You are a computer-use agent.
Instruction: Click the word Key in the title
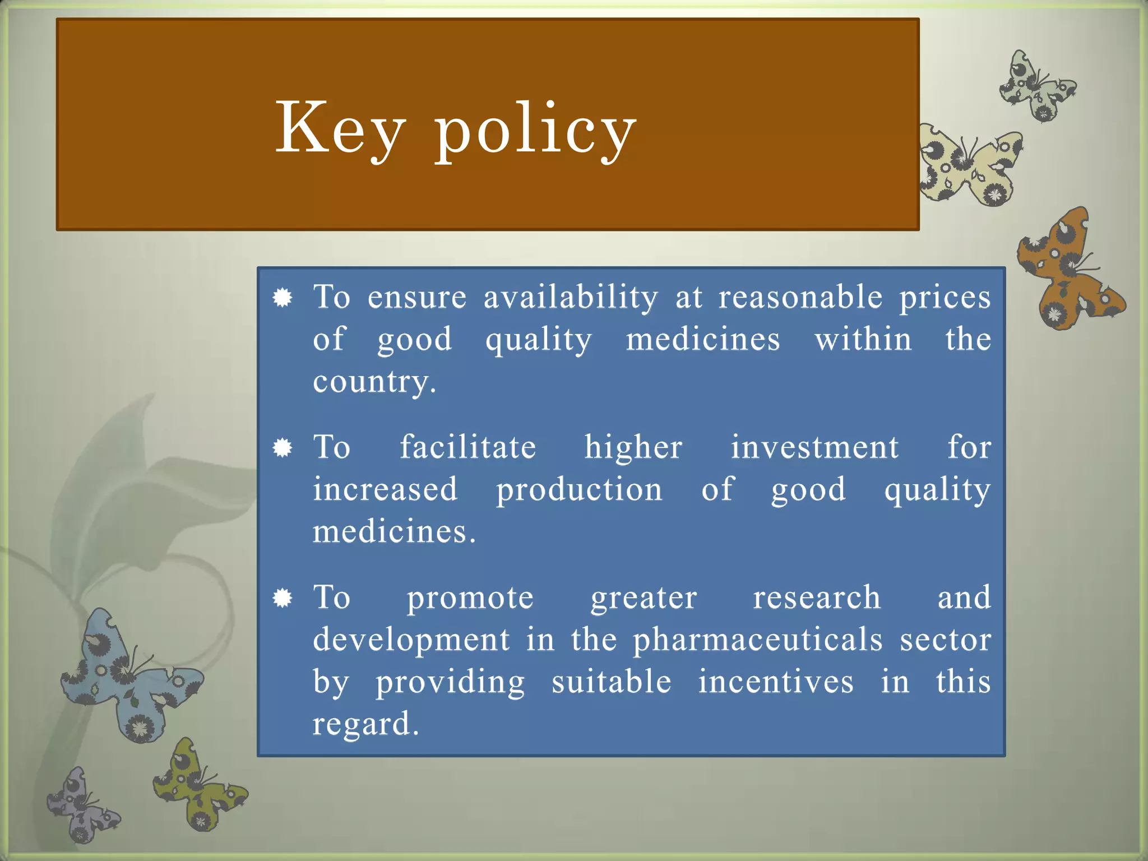click(340, 129)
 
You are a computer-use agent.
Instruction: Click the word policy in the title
click(535, 130)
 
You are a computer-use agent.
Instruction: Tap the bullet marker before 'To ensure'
click(283, 298)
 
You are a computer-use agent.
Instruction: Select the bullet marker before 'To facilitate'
click(283, 448)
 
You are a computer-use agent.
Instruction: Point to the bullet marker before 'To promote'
click(283, 598)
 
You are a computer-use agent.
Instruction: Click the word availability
click(571, 297)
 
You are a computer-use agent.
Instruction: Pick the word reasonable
click(800, 297)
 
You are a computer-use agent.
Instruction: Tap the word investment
click(814, 448)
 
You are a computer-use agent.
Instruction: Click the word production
click(579, 490)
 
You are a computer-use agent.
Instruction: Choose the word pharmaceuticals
click(757, 640)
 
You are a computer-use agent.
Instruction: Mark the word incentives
click(776, 682)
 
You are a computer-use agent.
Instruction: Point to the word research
click(816, 598)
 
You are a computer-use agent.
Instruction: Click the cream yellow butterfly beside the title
click(970, 165)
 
